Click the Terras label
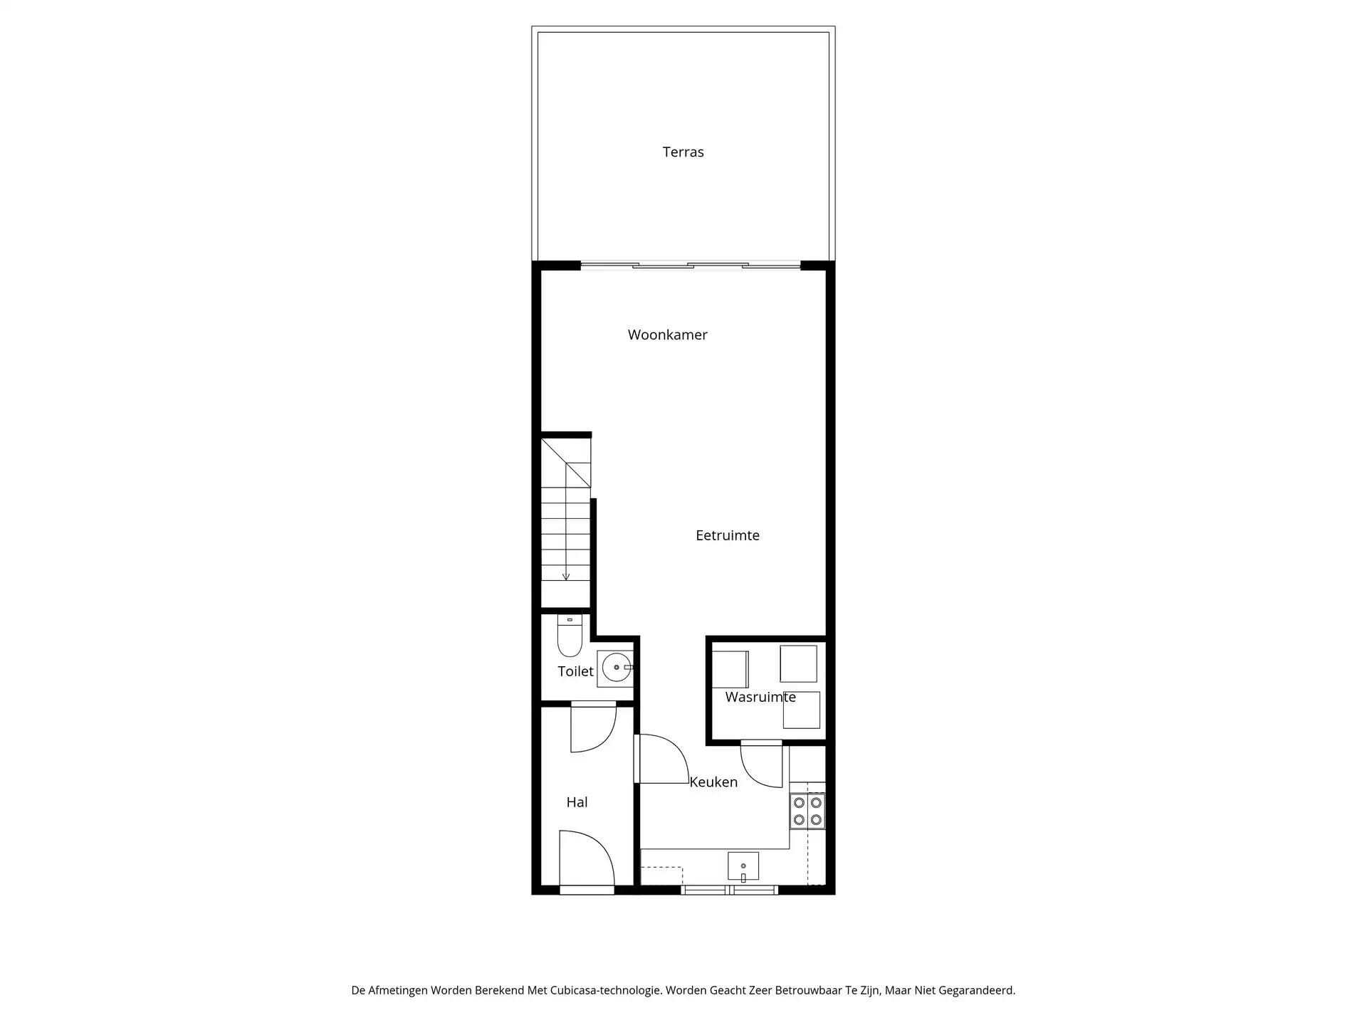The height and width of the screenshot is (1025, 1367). point(683,152)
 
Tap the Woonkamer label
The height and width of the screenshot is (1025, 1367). point(667,335)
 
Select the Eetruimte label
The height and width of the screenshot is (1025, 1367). point(727,535)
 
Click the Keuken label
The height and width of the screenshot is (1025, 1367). point(713,782)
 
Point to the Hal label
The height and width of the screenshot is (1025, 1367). point(577,802)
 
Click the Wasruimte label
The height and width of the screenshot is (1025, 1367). point(760,697)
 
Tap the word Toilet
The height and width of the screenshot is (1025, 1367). point(575,671)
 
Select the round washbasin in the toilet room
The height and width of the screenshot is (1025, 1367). point(616,668)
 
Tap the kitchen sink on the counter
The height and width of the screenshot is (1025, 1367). point(743,866)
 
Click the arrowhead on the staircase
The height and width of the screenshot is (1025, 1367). point(566,577)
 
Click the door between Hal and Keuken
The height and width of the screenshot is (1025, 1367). point(661,759)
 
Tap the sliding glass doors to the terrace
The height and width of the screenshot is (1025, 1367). point(690,266)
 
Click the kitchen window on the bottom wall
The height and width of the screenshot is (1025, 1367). point(730,890)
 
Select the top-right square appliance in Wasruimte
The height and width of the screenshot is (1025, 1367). point(798,663)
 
